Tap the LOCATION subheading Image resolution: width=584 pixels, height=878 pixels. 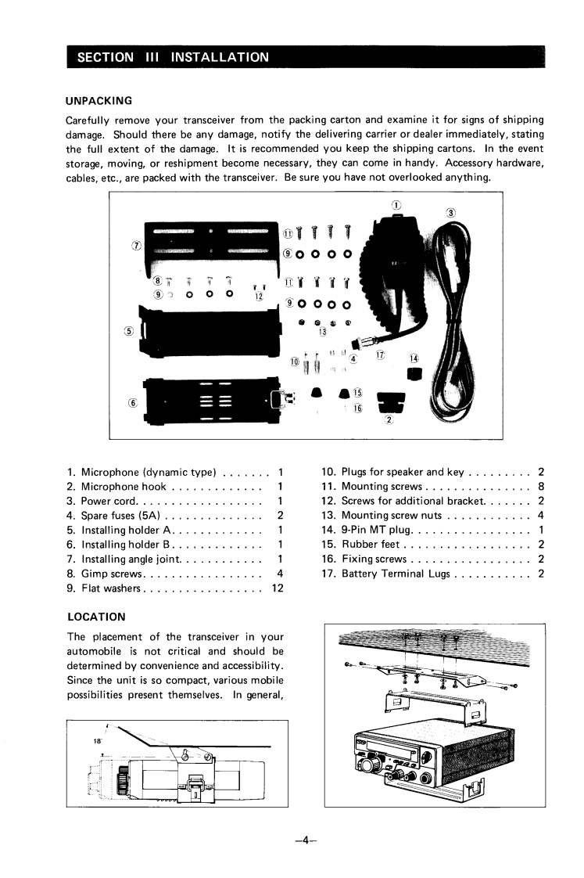(95, 617)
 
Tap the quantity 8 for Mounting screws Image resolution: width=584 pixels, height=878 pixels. (541, 487)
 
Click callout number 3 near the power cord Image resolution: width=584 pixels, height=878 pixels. (451, 214)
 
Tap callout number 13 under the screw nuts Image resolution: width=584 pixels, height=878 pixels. (322, 332)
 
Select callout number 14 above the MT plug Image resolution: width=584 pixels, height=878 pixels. (414, 358)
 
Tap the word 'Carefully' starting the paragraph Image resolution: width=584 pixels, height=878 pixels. (91, 120)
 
